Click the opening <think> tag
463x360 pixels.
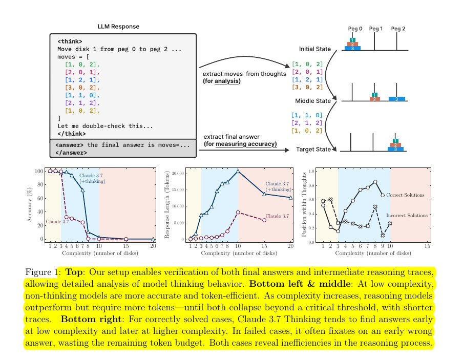(70, 41)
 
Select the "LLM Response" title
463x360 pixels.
(118, 26)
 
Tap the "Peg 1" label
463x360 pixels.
(375, 28)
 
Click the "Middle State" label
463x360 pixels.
(313, 101)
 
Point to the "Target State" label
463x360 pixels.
(313, 149)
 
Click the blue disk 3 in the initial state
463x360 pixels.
(352, 48)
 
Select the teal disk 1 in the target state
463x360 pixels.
(395, 141)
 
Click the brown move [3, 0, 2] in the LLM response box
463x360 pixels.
(82, 88)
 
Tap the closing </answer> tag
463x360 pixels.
(71, 153)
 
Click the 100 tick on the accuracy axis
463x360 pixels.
(39, 171)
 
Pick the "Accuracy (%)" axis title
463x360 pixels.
(29, 204)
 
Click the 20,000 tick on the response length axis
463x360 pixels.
(178, 173)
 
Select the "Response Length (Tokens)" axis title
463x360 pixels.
(167, 205)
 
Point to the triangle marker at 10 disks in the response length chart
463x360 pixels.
(238, 171)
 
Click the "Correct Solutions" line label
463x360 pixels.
(405, 195)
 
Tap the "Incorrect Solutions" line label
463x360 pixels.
(407, 215)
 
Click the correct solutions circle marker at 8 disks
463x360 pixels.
(375, 182)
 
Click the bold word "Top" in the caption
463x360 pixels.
(73, 272)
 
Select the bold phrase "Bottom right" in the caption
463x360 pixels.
(91, 319)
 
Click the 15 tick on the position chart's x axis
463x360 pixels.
(427, 246)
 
